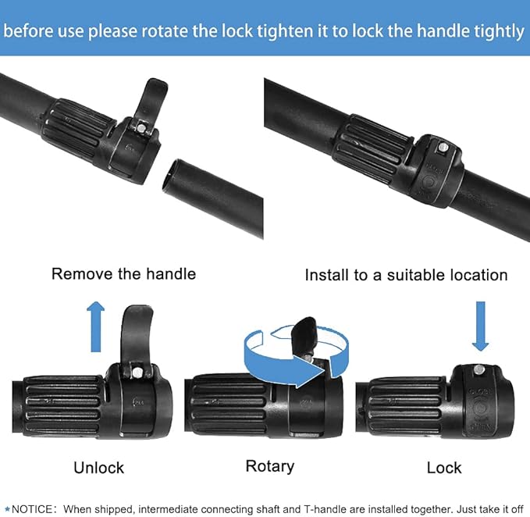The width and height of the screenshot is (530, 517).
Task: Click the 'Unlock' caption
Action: click(98, 468)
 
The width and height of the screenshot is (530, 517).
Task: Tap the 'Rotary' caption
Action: click(270, 467)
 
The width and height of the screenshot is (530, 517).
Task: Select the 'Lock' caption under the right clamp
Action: click(444, 468)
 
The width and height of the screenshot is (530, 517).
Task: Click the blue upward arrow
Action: click(96, 326)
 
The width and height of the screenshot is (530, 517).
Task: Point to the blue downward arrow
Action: click(480, 326)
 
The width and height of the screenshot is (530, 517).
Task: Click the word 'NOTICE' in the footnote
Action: click(32, 509)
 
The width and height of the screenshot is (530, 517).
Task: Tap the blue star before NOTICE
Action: click(7, 509)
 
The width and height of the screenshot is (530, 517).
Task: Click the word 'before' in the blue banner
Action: click(28, 31)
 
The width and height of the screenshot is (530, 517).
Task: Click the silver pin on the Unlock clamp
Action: click(137, 373)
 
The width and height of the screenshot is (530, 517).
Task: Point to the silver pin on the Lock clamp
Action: click(478, 369)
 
